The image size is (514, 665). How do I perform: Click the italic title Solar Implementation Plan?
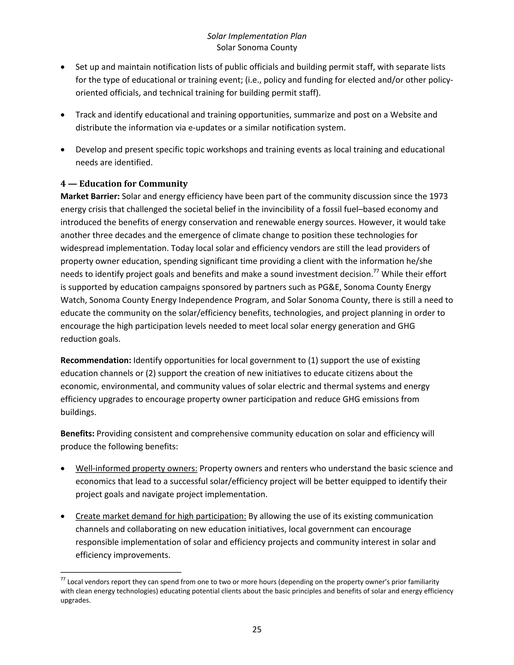[257, 36]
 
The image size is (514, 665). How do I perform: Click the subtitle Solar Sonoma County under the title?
[257, 47]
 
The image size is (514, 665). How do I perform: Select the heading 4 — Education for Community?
[124, 184]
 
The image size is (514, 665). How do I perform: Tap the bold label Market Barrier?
[90, 196]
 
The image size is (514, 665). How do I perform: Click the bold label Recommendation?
[96, 360]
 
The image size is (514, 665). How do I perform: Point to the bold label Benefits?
[77, 434]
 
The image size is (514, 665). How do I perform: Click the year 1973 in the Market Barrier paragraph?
[438, 196]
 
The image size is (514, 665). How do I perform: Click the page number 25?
[257, 629]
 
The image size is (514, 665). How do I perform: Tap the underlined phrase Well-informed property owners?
[137, 468]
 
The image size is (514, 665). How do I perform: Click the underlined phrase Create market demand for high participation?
[161, 516]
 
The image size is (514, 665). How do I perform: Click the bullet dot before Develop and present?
[63, 150]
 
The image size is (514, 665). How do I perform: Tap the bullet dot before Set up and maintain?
[63, 67]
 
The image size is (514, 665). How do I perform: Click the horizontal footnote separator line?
[121, 572]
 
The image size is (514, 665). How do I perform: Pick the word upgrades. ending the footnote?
[76, 601]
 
